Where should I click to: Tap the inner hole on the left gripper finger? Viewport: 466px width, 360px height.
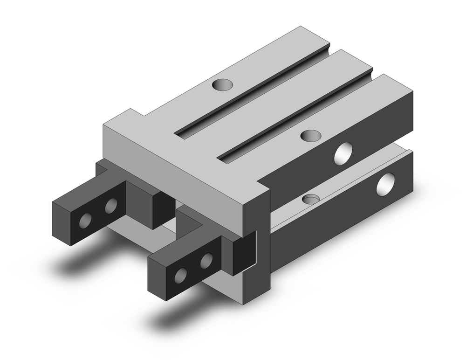[x=111, y=206]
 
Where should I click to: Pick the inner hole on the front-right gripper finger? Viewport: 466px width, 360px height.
[x=206, y=261]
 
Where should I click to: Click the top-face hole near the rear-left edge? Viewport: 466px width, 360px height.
[x=222, y=85]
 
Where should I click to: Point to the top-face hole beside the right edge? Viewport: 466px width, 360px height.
[x=311, y=135]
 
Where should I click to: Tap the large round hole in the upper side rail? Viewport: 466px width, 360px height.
[x=344, y=153]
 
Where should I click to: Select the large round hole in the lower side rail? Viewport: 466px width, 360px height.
[x=386, y=184]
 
